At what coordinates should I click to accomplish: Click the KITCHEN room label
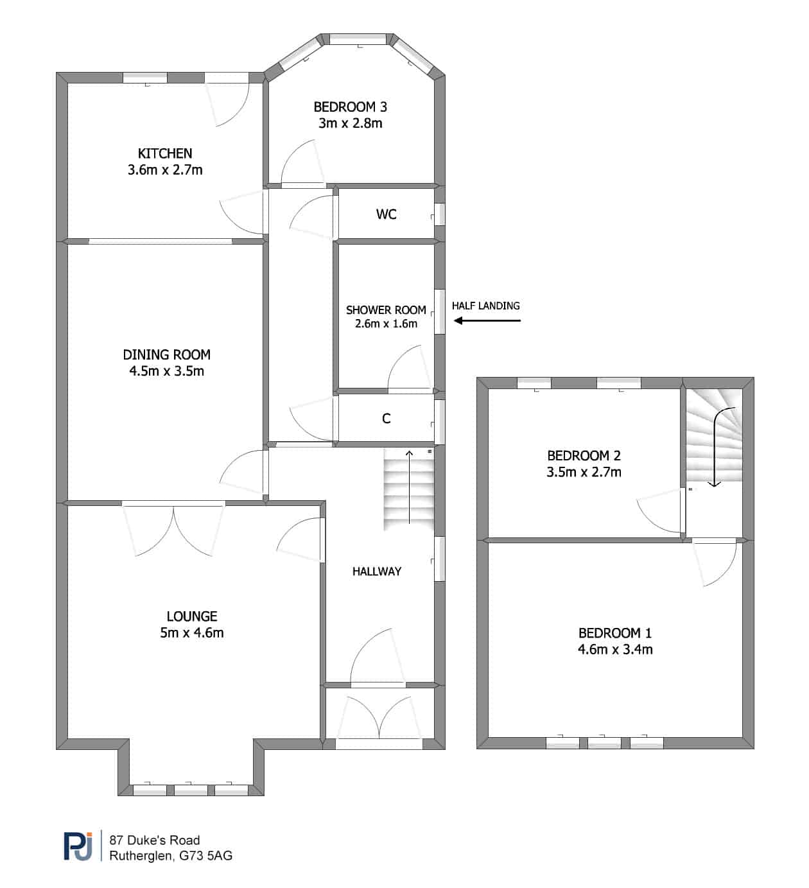coord(165,153)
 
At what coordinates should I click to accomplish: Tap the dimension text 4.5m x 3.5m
coord(166,371)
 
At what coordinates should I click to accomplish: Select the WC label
coord(386,214)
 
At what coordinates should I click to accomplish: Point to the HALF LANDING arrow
coord(487,320)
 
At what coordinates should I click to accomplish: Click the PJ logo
coord(78,846)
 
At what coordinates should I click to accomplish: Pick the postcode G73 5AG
coord(206,856)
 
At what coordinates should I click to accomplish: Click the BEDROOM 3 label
coord(351,107)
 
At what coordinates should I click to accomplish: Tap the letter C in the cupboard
coord(386,419)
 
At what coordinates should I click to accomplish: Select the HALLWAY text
coord(377,571)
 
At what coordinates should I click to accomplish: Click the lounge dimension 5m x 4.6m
coord(192,632)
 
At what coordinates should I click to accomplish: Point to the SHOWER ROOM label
coord(386,310)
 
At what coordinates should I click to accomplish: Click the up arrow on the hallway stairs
coord(409,487)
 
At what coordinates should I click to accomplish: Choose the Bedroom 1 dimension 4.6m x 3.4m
coord(615,649)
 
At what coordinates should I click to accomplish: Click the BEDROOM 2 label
coord(584,455)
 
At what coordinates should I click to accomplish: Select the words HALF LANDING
coord(486,306)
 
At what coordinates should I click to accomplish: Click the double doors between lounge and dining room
coord(173,530)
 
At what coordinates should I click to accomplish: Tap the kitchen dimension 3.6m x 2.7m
coord(165,170)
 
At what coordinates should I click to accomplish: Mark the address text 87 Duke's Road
coord(155,840)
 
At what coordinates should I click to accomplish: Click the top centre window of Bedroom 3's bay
coord(358,39)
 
